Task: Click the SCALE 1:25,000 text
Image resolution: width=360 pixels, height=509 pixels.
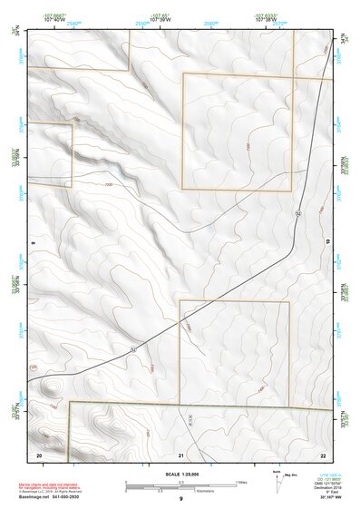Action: pyautogui.click(x=180, y=474)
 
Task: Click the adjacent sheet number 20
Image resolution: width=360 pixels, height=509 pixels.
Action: pyautogui.click(x=39, y=454)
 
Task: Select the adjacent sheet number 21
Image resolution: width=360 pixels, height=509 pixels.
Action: pyautogui.click(x=181, y=454)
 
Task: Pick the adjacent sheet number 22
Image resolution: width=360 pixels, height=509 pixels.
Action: pyautogui.click(x=323, y=454)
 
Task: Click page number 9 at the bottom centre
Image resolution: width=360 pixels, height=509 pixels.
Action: pyautogui.click(x=180, y=500)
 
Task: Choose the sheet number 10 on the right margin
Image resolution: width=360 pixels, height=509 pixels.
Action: pyautogui.click(x=328, y=243)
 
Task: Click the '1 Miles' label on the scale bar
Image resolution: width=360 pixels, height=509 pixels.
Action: pyautogui.click(x=242, y=481)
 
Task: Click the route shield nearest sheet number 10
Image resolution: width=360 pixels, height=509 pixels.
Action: pyautogui.click(x=297, y=211)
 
